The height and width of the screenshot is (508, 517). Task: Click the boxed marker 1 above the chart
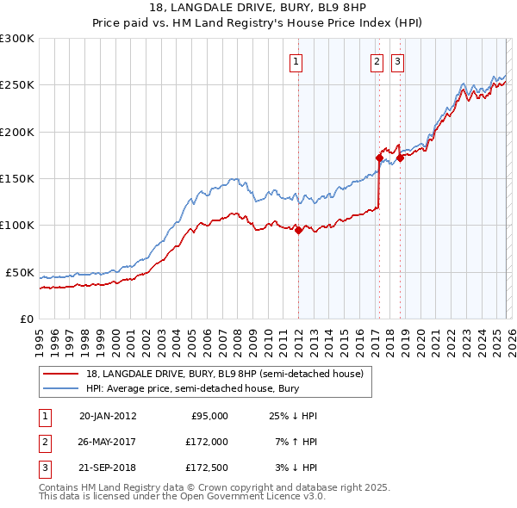296,61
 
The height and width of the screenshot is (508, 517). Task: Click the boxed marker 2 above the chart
377,61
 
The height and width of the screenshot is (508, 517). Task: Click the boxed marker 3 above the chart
397,61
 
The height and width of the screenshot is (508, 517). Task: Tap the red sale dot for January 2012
298,230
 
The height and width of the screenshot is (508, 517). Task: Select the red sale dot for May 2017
379,158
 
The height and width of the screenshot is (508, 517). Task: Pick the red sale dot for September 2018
400,158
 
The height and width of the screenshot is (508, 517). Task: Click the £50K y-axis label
20,272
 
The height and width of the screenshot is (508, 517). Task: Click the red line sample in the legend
61,374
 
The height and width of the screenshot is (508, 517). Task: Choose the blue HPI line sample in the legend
61,389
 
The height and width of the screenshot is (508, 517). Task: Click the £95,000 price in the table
209,416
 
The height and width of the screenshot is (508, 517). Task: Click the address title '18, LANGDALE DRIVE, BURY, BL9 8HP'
258,9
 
